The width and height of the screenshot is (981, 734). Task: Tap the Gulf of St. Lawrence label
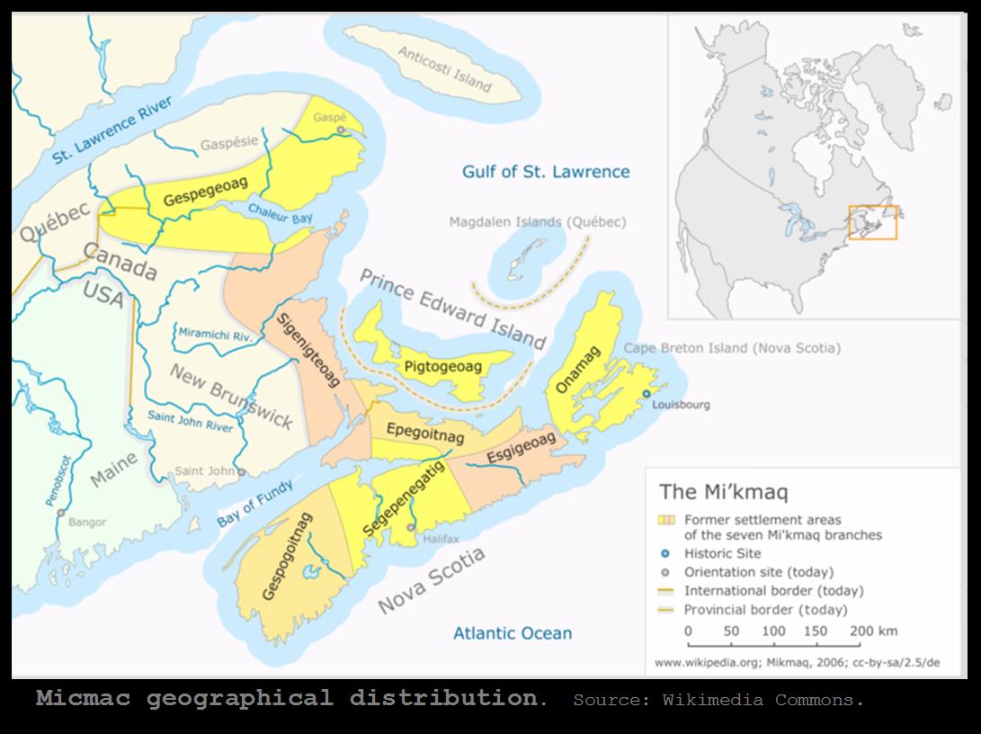[546, 172]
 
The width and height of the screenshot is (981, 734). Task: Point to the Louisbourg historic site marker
[646, 395]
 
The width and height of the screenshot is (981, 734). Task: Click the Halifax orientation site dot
[411, 527]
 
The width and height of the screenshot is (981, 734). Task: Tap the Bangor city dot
[60, 513]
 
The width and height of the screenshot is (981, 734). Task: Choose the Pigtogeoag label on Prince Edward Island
[442, 367]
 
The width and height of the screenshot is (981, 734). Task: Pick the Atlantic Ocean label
[512, 633]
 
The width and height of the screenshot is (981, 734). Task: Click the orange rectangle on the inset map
[872, 222]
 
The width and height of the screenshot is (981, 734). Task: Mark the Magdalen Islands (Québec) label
[537, 222]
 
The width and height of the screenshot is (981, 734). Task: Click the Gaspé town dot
[341, 130]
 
